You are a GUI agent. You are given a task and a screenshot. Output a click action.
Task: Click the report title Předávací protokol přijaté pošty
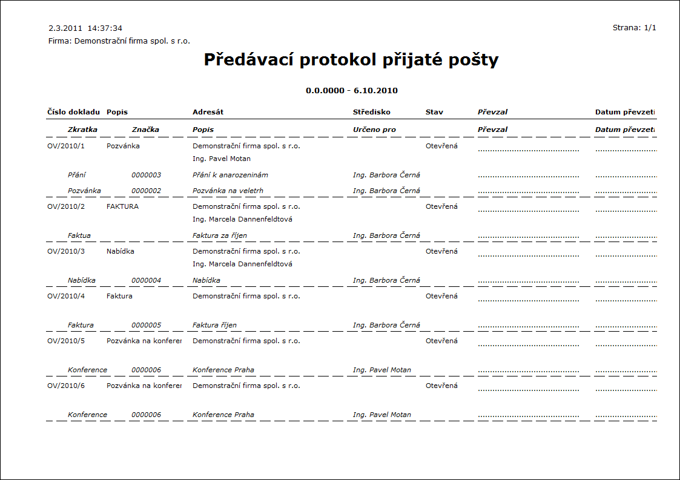pyautogui.click(x=351, y=60)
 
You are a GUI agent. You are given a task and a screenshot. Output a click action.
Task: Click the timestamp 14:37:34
pyautogui.click(x=105, y=28)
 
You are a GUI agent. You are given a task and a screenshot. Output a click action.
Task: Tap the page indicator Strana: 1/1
pyautogui.click(x=634, y=28)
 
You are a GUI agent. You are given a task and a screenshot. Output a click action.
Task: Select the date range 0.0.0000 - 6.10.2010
pyautogui.click(x=351, y=91)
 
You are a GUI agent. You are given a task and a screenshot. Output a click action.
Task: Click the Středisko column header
pyautogui.click(x=371, y=112)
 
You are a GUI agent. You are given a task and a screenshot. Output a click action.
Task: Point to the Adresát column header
pyautogui.click(x=208, y=112)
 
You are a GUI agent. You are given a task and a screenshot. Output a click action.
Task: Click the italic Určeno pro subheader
pyautogui.click(x=374, y=130)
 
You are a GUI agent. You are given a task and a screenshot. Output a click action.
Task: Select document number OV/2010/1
pyautogui.click(x=66, y=146)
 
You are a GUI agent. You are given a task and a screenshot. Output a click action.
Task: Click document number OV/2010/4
pyautogui.click(x=66, y=296)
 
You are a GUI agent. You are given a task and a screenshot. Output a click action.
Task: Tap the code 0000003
pyautogui.click(x=147, y=175)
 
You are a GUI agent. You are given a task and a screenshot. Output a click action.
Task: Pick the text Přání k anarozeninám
pyautogui.click(x=230, y=175)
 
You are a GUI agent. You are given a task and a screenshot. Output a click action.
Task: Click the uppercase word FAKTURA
pyautogui.click(x=122, y=206)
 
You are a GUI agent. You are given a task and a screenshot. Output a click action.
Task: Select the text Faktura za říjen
pyautogui.click(x=220, y=235)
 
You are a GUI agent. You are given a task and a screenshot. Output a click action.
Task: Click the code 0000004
pyautogui.click(x=147, y=280)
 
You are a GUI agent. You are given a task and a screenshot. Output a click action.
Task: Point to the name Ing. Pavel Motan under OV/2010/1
pyautogui.click(x=221, y=159)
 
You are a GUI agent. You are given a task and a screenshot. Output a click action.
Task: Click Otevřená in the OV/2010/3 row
pyautogui.click(x=441, y=251)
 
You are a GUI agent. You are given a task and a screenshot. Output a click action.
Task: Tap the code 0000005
pyautogui.click(x=147, y=325)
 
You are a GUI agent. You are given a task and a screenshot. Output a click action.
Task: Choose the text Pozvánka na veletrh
pyautogui.click(x=228, y=191)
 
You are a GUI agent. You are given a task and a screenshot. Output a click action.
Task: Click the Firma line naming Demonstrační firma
pyautogui.click(x=119, y=41)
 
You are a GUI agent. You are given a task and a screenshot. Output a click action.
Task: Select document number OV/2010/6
pyautogui.click(x=66, y=386)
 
